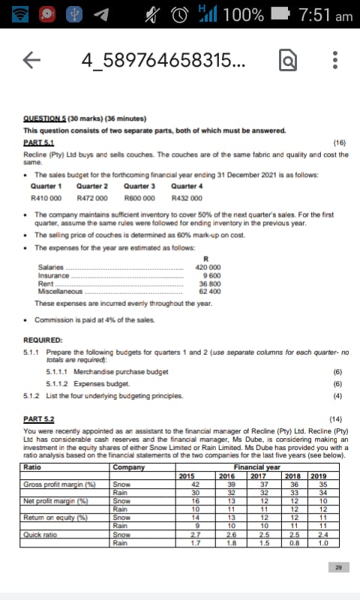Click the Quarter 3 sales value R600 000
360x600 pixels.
point(139,198)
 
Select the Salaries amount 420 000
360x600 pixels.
point(207,266)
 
